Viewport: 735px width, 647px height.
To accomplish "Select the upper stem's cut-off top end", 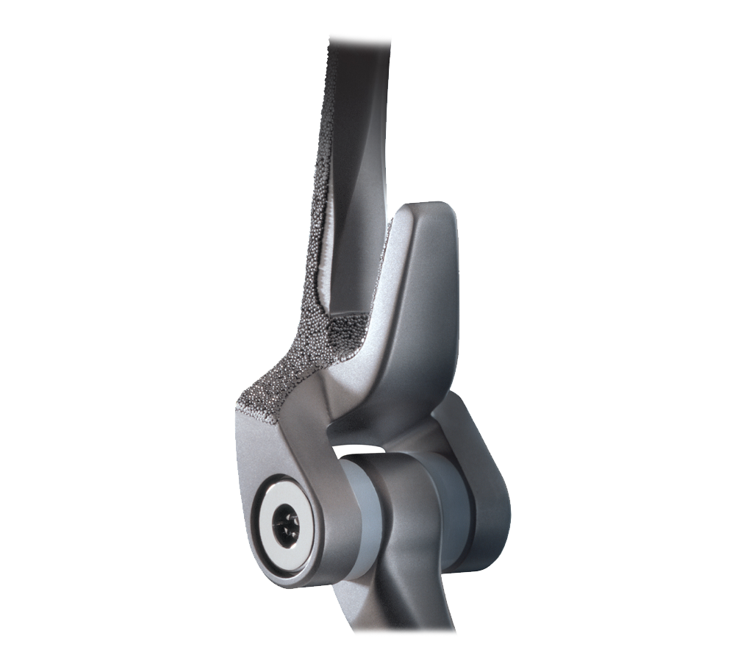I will coord(360,37).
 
